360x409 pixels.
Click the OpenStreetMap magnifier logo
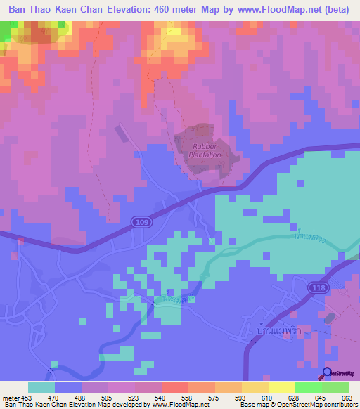(x=327, y=374)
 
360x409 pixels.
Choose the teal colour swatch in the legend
(x=41, y=387)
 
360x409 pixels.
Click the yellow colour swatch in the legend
(x=281, y=387)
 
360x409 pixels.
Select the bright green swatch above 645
(x=308, y=387)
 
